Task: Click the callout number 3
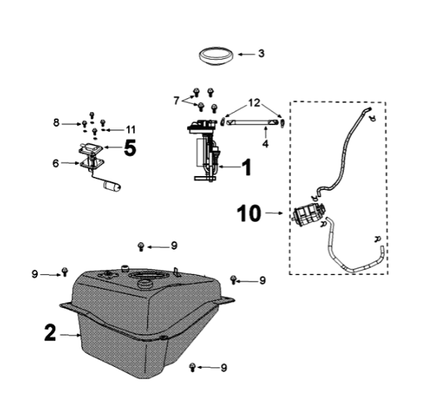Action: [261, 53]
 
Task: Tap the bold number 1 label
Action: [247, 167]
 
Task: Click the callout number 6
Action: [56, 163]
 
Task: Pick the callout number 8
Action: [56, 123]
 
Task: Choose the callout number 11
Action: [131, 130]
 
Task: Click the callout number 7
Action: [176, 100]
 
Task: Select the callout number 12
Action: [255, 103]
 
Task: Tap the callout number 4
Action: [266, 143]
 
